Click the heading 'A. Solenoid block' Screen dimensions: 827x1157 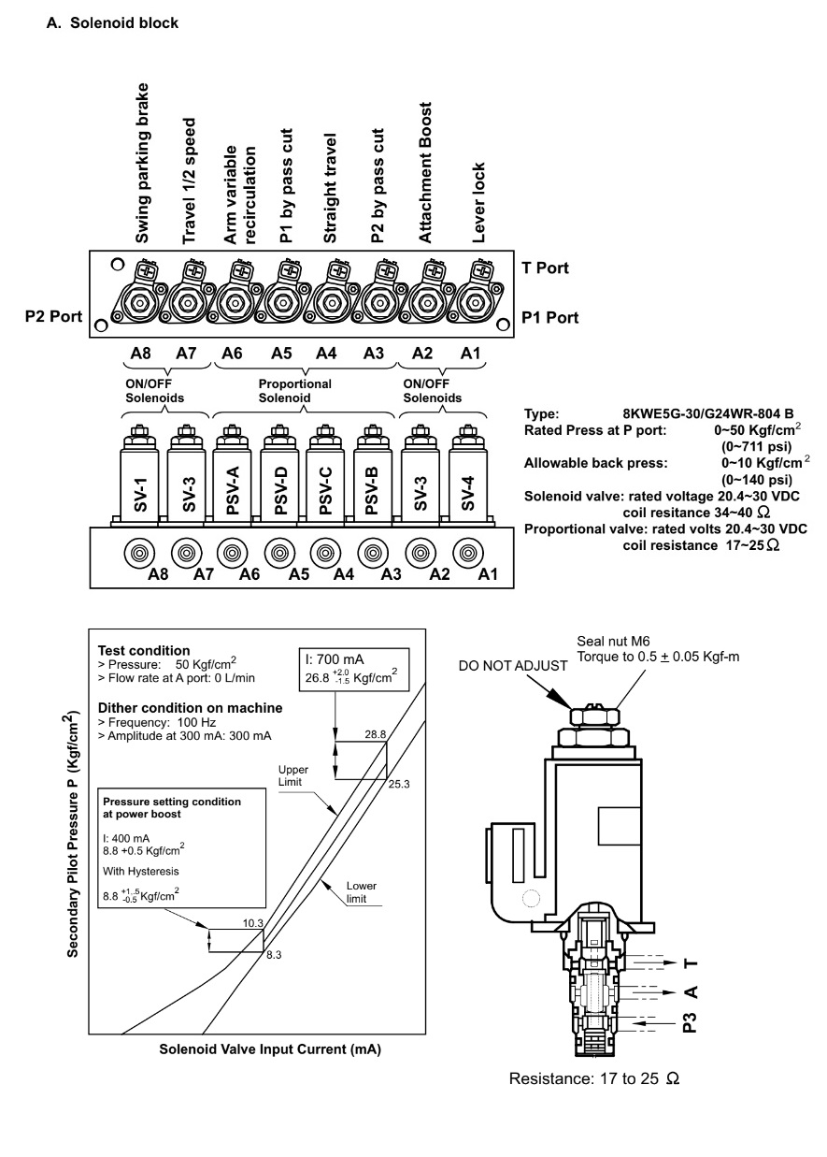point(112,22)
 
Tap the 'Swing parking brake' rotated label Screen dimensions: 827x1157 point(141,163)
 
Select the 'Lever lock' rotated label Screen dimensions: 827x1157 point(478,202)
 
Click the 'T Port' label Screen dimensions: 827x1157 point(545,268)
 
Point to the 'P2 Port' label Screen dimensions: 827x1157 point(53,316)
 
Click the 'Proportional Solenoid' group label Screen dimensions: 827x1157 point(294,390)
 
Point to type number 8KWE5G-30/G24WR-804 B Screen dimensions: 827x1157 point(707,413)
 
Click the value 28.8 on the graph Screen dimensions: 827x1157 point(375,734)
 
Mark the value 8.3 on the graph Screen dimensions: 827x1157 point(274,955)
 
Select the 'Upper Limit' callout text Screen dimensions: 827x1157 point(293,775)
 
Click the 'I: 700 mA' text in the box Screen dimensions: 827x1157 point(335,659)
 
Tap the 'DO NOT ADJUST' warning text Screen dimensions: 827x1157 point(513,666)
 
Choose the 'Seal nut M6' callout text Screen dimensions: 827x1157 point(613,641)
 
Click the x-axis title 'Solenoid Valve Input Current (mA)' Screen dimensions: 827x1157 point(270,1049)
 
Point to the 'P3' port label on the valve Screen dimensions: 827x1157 point(690,1022)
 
